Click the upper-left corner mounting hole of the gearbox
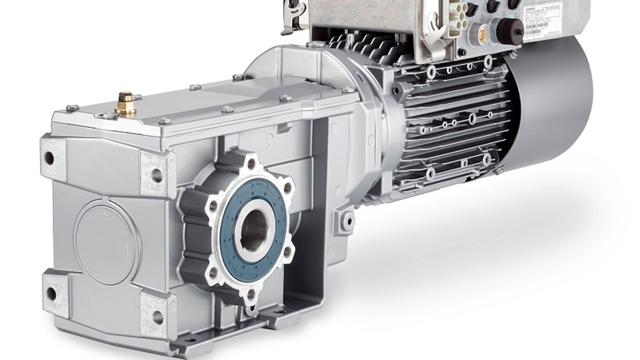(x=49, y=158)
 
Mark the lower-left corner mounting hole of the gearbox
(x=51, y=293)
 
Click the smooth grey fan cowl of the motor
(x=555, y=101)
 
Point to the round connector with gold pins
(x=482, y=35)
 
